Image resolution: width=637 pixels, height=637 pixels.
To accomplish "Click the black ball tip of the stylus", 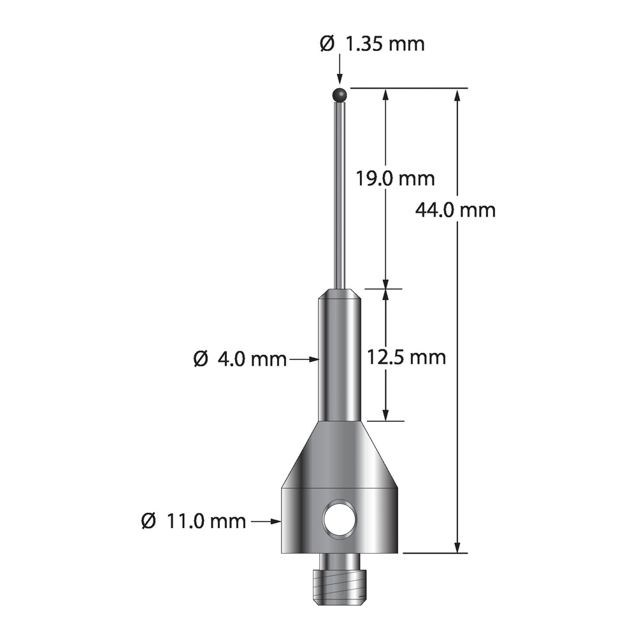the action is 340,95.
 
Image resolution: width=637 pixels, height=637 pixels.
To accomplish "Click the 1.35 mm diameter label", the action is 372,43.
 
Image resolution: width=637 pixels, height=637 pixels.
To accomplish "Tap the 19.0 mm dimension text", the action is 396,178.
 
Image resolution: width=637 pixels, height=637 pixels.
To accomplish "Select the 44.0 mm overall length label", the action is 455,210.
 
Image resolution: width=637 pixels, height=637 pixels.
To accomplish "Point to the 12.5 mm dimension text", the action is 406,357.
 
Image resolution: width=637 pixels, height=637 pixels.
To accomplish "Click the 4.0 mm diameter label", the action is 240,359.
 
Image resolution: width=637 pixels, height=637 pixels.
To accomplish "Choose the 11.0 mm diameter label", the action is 194,521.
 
